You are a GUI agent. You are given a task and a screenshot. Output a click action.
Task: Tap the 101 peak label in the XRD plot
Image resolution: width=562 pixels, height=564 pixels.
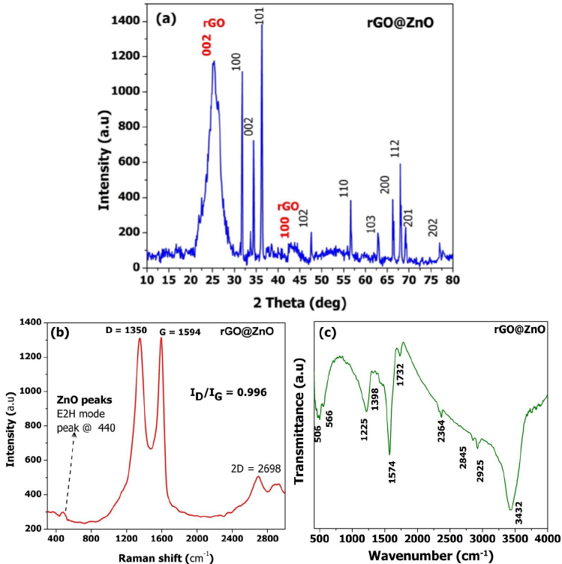click(260, 13)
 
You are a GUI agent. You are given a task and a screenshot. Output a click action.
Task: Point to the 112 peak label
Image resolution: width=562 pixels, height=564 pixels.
click(395, 148)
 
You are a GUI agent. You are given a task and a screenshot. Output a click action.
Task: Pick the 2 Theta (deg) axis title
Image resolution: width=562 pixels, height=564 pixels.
click(299, 302)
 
